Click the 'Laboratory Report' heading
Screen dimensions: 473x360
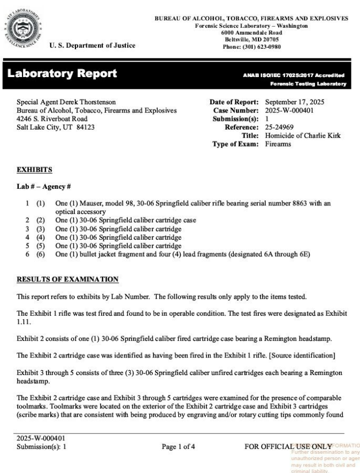(62, 74)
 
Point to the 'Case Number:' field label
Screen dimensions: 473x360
(236, 110)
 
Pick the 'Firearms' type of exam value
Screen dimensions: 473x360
(278, 144)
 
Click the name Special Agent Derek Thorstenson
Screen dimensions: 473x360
(66, 102)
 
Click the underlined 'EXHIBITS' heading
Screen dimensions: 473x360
(34, 170)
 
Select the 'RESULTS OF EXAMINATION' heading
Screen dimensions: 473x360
(67, 279)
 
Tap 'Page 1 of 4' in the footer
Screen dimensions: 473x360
(179, 445)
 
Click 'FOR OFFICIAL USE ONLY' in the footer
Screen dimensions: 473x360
(288, 445)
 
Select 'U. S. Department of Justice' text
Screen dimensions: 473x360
(92, 45)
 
